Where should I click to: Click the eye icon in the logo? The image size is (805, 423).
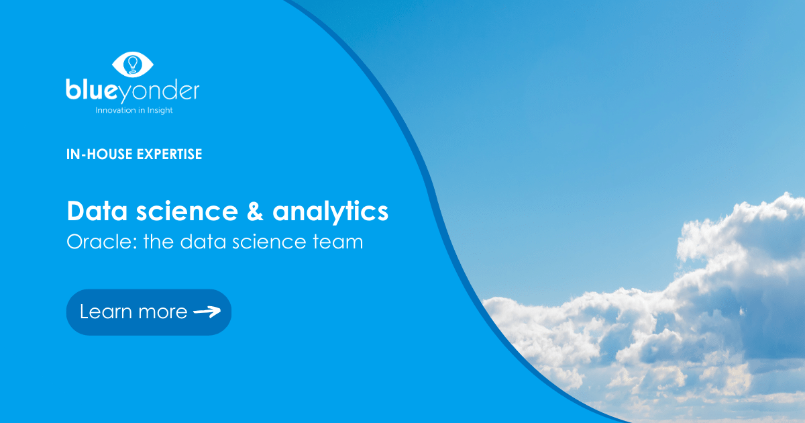click(x=132, y=64)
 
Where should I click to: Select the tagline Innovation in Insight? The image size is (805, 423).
click(x=133, y=110)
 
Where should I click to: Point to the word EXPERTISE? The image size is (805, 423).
click(x=169, y=154)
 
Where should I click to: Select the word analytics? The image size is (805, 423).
click(x=331, y=212)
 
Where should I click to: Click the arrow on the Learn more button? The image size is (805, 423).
click(x=207, y=312)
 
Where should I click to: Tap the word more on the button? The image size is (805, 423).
click(x=162, y=312)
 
